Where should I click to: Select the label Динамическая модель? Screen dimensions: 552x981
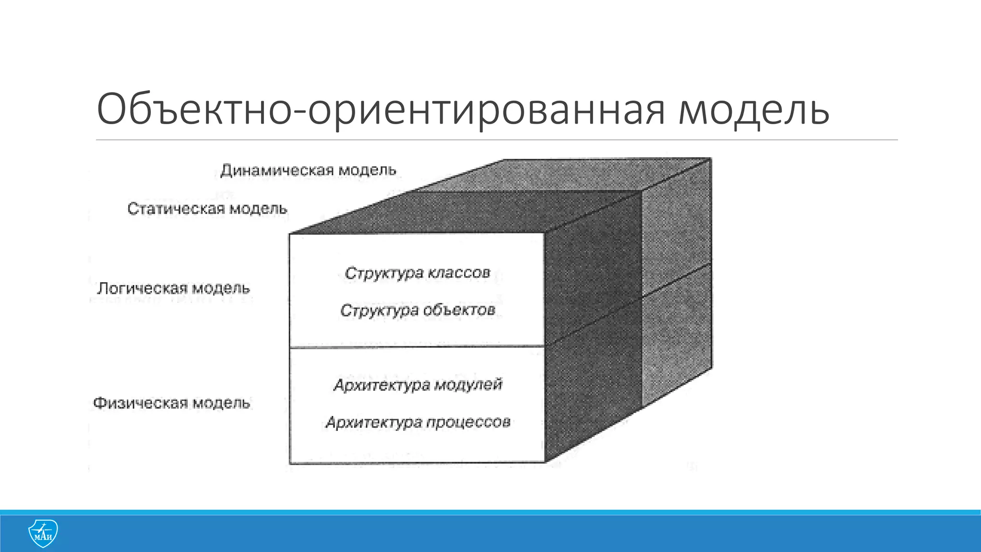click(308, 171)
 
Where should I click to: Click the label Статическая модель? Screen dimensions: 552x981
click(207, 209)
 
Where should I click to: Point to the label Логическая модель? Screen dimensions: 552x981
click(173, 288)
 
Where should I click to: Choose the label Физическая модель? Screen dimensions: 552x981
click(171, 403)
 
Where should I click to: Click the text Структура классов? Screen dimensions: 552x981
click(417, 273)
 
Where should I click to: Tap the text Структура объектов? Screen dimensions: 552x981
click(417, 310)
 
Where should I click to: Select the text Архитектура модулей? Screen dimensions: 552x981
click(417, 385)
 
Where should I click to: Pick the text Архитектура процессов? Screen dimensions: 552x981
click(417, 423)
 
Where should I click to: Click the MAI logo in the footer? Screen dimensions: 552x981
click(43, 533)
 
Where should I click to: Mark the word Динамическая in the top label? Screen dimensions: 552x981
click(277, 171)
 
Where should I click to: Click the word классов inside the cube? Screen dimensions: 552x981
click(459, 273)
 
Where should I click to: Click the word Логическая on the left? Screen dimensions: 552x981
click(142, 288)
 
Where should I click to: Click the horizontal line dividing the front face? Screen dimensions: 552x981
click(417, 347)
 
